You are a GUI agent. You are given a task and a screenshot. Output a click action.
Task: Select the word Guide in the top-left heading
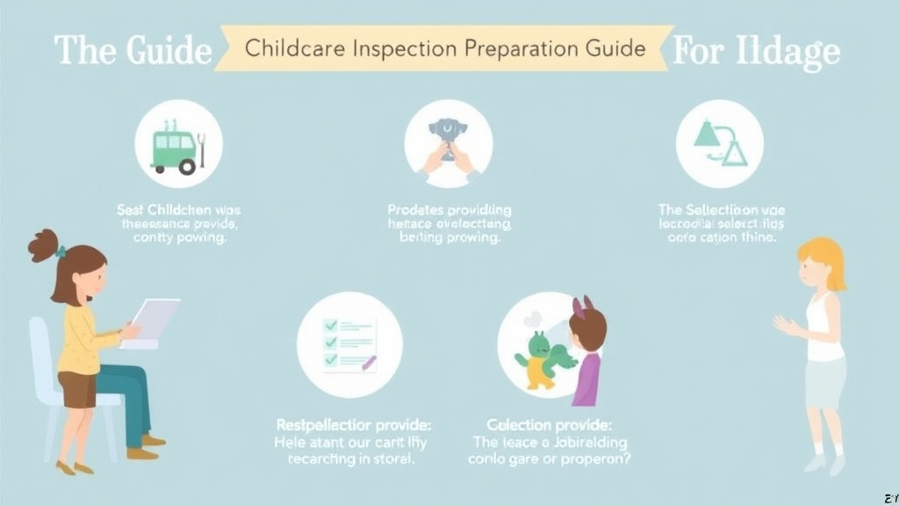168,50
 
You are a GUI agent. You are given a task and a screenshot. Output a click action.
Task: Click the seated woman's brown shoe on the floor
141,453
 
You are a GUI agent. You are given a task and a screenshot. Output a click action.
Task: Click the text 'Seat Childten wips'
179,211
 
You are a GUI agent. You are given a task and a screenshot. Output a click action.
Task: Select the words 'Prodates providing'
449,211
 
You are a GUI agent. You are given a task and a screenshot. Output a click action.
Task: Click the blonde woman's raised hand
784,325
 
